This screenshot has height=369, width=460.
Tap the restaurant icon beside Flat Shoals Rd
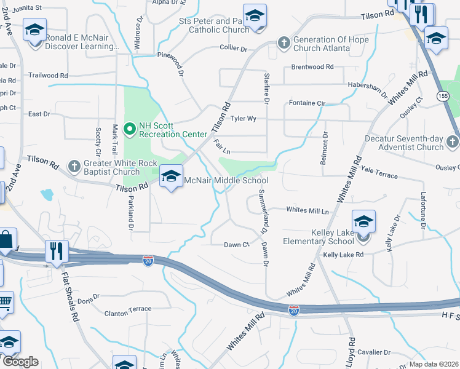56,251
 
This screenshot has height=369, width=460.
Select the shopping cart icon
4,303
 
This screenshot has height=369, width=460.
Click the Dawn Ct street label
236,245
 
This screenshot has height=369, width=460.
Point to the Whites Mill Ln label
307,210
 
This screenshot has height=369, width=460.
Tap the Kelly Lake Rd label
343,254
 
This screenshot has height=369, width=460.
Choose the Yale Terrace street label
379,175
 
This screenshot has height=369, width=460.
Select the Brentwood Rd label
312,66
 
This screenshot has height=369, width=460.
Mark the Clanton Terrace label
128,309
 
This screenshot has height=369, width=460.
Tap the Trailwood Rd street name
49,75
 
